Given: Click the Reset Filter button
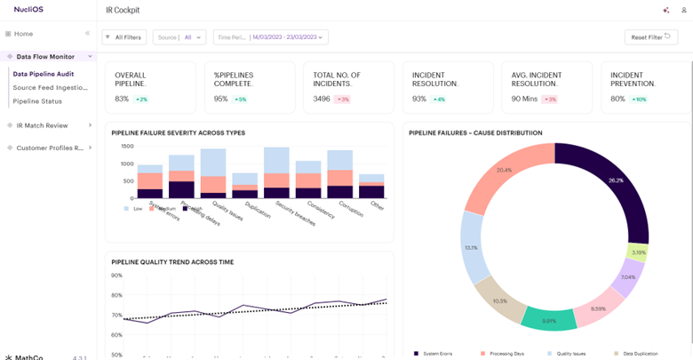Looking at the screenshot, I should [649, 37].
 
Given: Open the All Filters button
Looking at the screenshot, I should [123, 37].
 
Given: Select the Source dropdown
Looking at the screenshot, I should [179, 37].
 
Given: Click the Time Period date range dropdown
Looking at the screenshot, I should [271, 37].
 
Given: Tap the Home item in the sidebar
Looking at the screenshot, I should [23, 34].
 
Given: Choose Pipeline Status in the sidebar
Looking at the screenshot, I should [37, 101].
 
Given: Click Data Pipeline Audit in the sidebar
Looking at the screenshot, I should [44, 74].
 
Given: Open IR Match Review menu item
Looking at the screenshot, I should [42, 125].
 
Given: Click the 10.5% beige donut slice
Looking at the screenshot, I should [499, 300].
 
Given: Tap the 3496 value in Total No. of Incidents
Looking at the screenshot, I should [322, 99].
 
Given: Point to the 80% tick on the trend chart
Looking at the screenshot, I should [116, 295].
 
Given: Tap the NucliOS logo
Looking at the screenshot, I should [30, 9].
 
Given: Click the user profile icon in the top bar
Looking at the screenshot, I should [683, 10].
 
